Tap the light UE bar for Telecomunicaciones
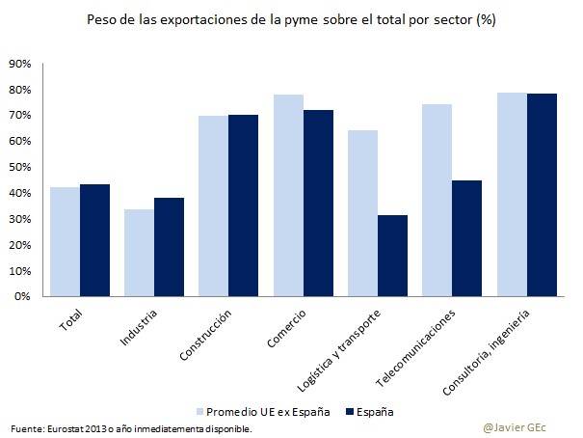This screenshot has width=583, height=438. click(x=437, y=201)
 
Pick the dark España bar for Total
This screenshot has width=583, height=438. click(x=95, y=240)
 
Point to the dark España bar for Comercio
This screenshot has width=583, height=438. click(x=319, y=204)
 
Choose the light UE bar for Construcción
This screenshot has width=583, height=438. click(x=214, y=206)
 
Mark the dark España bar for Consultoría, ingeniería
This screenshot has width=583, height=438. click(x=542, y=195)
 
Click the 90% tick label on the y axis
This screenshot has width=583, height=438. click(x=20, y=64)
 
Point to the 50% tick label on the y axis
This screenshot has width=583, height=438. click(x=20, y=167)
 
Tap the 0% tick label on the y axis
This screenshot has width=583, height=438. click(x=23, y=296)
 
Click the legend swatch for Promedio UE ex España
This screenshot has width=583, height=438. click(x=200, y=410)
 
